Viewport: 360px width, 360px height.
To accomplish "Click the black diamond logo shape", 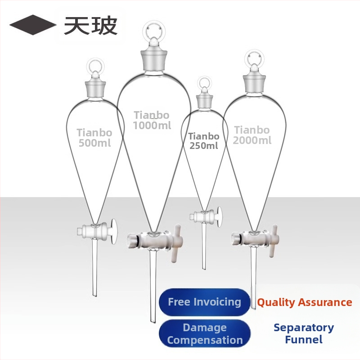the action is (32, 25).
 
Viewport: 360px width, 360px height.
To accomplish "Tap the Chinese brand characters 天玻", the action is (91, 25).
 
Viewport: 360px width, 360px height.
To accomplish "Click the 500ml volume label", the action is (94, 143).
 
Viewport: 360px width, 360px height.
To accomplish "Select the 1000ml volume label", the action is (152, 126).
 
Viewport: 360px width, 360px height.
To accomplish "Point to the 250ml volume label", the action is (203, 145).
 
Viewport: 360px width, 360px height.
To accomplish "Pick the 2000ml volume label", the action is (252, 140).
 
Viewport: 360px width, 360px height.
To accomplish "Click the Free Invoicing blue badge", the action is (204, 302).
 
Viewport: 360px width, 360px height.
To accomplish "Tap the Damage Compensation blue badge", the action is (204, 333).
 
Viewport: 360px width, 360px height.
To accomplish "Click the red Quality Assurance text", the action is (305, 302).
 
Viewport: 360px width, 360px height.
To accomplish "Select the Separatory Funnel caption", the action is (304, 333).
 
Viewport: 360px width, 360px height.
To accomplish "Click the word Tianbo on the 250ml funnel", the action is (204, 136).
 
